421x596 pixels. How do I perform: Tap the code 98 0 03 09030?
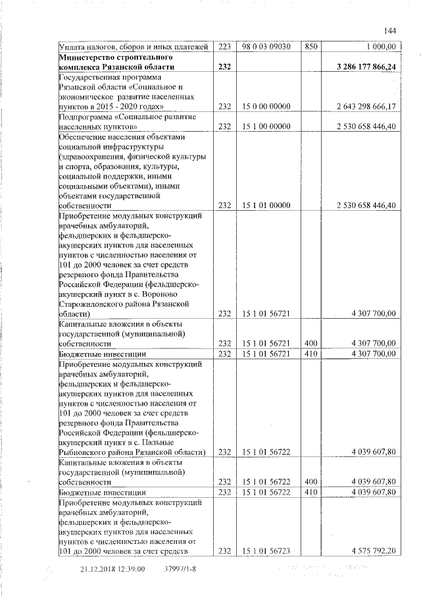tap(266, 46)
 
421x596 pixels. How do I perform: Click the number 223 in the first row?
tap(225, 46)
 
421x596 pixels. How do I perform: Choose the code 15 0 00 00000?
tap(266, 106)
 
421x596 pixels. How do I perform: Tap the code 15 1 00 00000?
tap(266, 126)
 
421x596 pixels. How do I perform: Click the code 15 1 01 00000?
tap(266, 205)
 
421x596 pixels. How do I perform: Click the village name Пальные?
tap(179, 441)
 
